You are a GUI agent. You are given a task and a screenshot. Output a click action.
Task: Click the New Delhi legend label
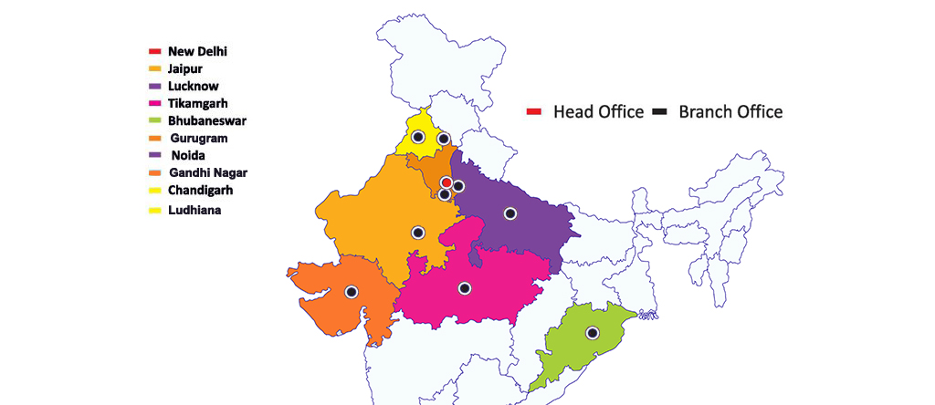(x=197, y=51)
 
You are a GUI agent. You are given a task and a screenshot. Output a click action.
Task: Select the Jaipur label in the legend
(x=185, y=68)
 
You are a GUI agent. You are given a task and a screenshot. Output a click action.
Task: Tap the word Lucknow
(x=193, y=86)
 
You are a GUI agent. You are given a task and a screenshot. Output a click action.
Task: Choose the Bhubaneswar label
(x=207, y=120)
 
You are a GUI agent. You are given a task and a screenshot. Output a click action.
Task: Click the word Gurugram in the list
(x=199, y=138)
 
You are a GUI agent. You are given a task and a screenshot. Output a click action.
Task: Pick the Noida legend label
(x=189, y=155)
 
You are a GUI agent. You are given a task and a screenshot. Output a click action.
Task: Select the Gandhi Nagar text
(x=208, y=172)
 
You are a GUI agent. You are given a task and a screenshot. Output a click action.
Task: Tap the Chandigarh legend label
(x=201, y=190)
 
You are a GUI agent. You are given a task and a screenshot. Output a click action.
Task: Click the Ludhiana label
(x=194, y=210)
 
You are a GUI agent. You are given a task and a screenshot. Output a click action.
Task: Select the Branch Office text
(x=730, y=112)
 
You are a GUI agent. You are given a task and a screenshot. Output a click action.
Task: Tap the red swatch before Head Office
(x=534, y=112)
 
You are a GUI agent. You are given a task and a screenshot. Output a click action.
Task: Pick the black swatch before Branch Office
(x=659, y=112)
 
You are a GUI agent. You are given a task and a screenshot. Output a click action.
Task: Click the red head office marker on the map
(x=446, y=182)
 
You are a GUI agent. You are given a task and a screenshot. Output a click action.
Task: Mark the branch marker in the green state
(x=592, y=333)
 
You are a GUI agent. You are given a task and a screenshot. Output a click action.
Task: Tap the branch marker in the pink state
(x=465, y=288)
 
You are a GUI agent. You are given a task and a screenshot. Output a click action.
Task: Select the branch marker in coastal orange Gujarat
(x=352, y=292)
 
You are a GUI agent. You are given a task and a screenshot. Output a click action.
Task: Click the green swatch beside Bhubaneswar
(x=155, y=120)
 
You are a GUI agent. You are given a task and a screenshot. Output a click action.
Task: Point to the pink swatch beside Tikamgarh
(x=155, y=103)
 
